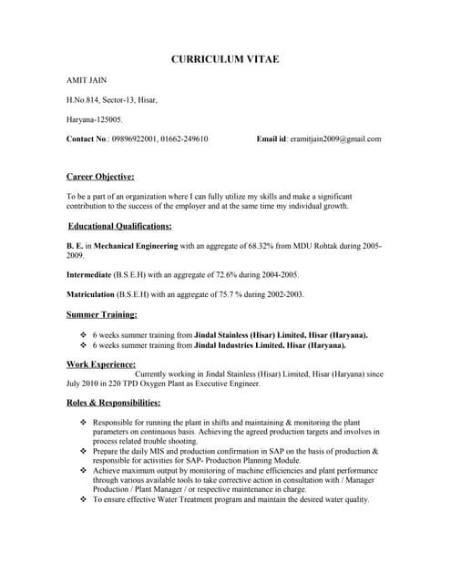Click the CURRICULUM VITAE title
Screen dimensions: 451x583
click(x=225, y=59)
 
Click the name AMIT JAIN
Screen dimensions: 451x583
click(x=87, y=81)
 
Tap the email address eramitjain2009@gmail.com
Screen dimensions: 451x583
click(x=334, y=138)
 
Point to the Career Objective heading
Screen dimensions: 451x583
click(x=100, y=176)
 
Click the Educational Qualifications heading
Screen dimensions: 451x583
click(x=120, y=226)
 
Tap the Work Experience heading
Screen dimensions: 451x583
click(x=101, y=363)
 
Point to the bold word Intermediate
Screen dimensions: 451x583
click(x=89, y=274)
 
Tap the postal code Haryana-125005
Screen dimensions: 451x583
click(x=94, y=119)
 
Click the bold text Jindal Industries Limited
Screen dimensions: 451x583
click(x=243, y=345)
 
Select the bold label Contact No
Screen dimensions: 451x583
click(x=87, y=138)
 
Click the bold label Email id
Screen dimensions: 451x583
click(x=271, y=138)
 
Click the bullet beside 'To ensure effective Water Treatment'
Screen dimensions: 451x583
click(x=84, y=499)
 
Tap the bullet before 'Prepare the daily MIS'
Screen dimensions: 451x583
click(x=84, y=451)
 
